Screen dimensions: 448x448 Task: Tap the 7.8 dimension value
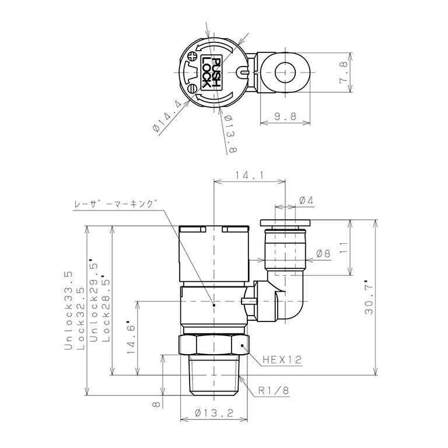(x=344, y=72)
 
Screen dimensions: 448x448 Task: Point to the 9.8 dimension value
(x=285, y=116)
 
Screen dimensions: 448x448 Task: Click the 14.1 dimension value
(x=250, y=175)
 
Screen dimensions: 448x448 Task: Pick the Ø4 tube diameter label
(x=306, y=201)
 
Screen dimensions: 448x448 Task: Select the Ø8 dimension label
(x=323, y=253)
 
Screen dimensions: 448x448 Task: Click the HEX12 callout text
(x=282, y=360)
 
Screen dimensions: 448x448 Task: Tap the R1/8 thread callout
(x=274, y=391)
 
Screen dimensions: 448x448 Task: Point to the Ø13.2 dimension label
(x=214, y=412)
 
